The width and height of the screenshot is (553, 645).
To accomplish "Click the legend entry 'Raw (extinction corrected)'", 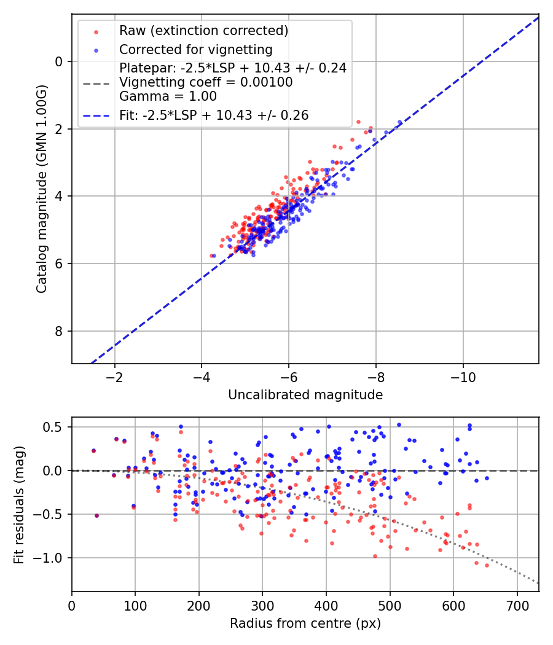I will [203, 31].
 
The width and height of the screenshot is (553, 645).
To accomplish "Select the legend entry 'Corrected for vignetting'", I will [195, 49].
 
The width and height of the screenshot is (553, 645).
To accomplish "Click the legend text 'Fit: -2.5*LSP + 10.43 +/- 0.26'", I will [213, 115].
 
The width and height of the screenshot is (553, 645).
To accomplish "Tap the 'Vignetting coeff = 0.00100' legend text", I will [206, 82].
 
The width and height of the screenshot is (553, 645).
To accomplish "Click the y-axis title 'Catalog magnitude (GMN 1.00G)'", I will [41, 188].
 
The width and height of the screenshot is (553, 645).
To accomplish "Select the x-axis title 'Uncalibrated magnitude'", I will [305, 395].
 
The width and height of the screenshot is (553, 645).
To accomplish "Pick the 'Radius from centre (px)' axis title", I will [305, 623].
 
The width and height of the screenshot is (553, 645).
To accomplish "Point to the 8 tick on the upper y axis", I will [60, 332].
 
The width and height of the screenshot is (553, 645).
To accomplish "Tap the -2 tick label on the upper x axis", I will [115, 377].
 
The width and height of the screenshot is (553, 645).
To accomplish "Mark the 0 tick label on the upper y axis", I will [60, 61].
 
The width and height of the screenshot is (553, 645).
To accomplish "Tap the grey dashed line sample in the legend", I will [96, 82].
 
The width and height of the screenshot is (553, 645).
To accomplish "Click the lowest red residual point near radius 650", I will [487, 565].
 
